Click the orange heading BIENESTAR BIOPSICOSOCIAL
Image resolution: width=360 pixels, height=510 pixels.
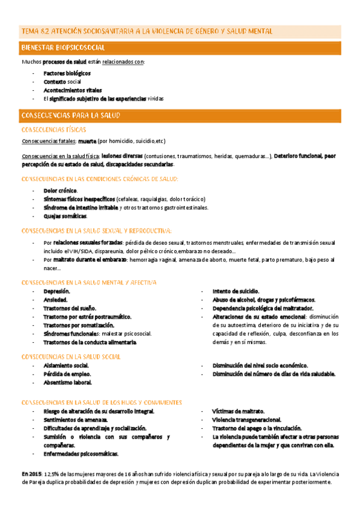63,48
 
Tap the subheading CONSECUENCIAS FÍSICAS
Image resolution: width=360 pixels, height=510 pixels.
53,129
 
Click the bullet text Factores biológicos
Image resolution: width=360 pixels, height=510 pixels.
67,73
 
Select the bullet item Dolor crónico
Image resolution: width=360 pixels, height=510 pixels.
60,191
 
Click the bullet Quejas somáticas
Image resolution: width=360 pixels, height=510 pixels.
65,216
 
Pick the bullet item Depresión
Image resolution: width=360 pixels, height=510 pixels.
56,291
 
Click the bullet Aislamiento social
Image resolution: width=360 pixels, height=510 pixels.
66,365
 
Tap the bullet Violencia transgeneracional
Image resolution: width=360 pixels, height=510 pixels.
246,420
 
